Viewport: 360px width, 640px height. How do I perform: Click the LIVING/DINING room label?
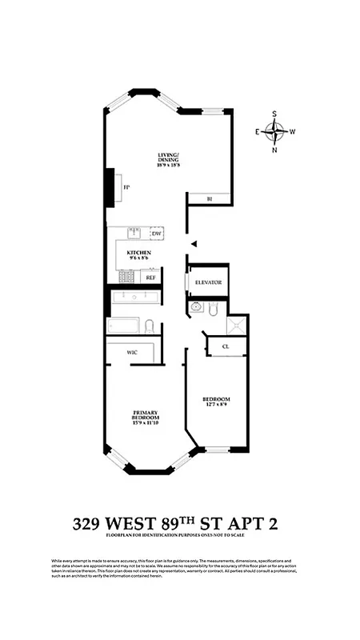168,158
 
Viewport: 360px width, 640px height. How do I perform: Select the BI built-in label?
209,198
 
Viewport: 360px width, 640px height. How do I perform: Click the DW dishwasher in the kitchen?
156,234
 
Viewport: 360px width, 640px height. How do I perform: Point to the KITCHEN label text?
139,253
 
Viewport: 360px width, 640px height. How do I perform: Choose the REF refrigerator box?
150,278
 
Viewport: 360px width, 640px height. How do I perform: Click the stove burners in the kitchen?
126,277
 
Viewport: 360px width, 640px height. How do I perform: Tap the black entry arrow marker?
193,245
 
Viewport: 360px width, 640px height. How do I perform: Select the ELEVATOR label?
209,282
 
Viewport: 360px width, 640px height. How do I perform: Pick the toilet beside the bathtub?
149,325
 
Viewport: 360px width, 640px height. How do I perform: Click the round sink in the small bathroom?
196,308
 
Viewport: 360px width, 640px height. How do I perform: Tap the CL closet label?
226,346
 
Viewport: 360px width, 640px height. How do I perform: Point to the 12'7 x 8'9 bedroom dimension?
216,405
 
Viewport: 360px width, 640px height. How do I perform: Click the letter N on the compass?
275,150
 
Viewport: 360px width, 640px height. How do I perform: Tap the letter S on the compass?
275,114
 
